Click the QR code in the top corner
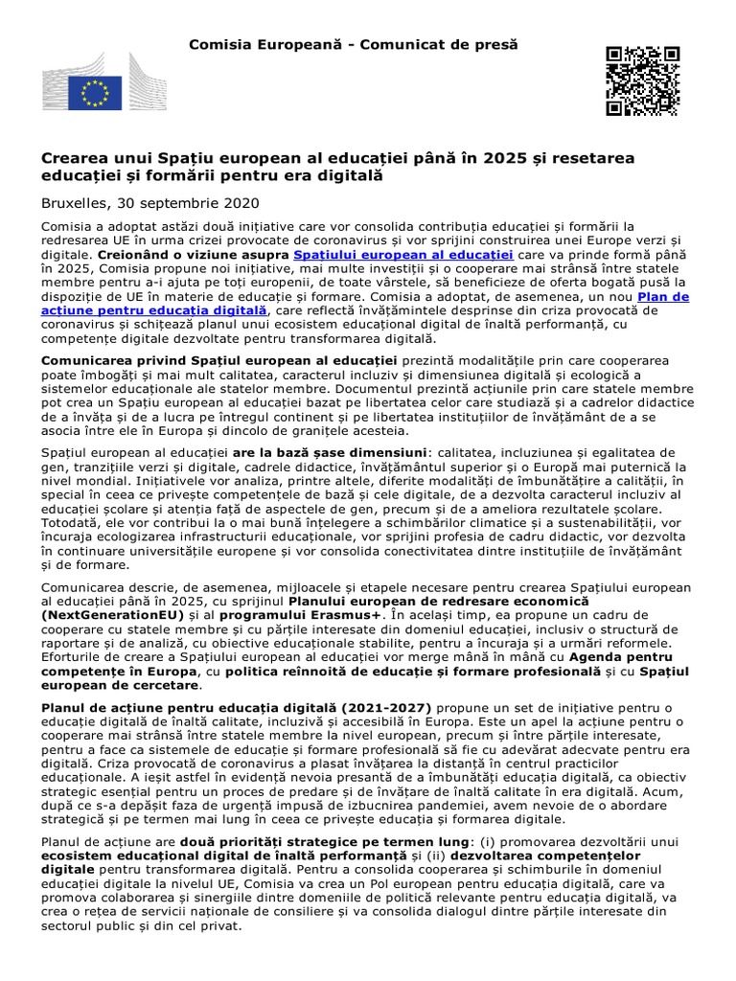[641, 80]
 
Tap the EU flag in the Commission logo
[95, 93]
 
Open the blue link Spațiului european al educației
[403, 255]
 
